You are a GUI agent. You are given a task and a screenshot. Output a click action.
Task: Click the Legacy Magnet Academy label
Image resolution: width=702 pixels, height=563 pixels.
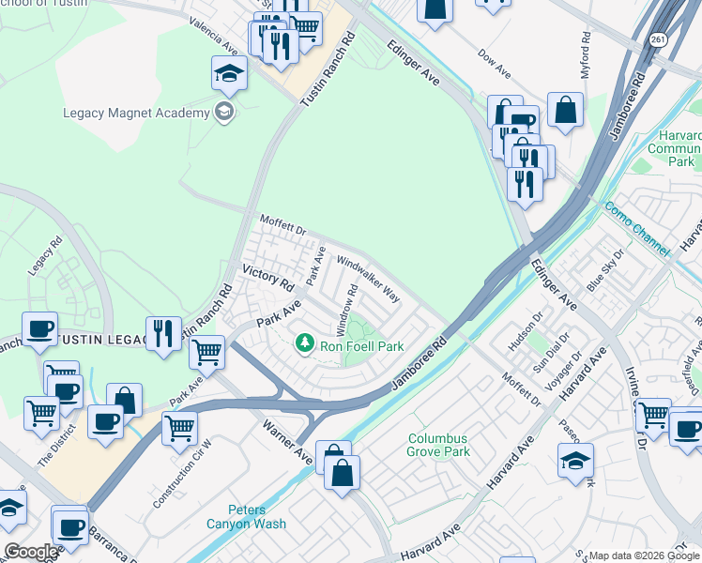[136, 114]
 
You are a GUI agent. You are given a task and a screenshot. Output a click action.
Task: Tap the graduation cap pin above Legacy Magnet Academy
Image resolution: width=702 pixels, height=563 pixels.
[229, 74]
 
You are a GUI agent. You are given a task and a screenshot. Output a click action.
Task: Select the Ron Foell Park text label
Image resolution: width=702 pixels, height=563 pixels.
[362, 346]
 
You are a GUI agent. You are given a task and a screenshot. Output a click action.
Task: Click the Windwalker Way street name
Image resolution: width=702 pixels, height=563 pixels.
[369, 280]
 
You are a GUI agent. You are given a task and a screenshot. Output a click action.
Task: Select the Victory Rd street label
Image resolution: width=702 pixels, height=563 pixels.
[268, 275]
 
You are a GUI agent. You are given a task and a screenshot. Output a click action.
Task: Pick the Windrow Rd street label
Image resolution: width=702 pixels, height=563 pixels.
[347, 309]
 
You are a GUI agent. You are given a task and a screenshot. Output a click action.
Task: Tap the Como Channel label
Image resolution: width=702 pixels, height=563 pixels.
[636, 229]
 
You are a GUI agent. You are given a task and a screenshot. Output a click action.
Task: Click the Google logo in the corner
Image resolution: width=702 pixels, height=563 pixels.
[30, 552]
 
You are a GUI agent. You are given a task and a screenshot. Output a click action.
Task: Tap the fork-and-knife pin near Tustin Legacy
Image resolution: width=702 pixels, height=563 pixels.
[163, 335]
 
